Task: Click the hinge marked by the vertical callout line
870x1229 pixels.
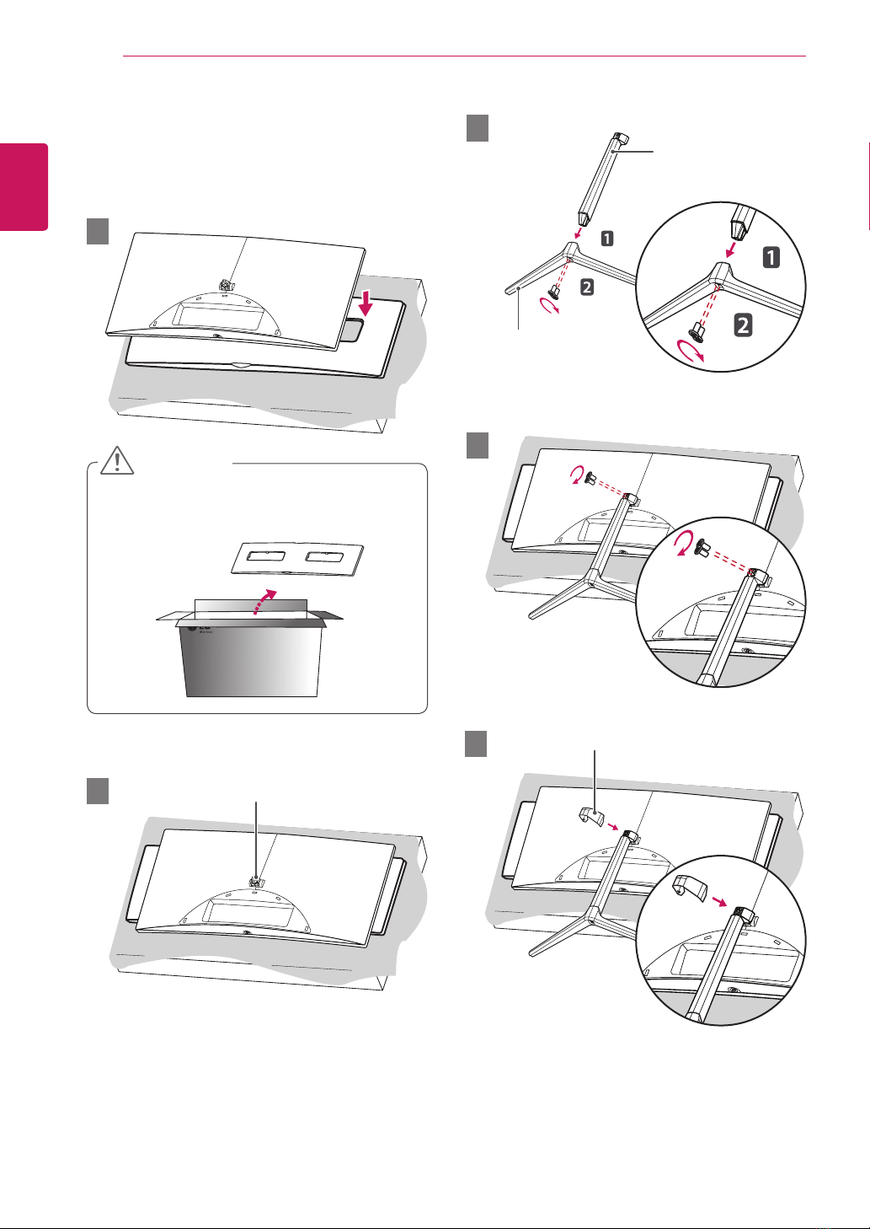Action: tap(255, 879)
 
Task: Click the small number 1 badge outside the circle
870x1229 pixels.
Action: tap(606, 240)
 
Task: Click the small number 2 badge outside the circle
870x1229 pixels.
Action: tap(586, 287)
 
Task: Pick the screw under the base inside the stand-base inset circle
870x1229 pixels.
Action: tap(699, 330)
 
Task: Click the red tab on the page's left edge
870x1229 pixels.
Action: tap(24, 186)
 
